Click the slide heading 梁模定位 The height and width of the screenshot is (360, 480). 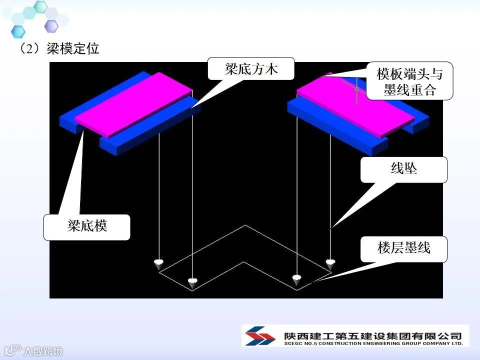(x=73, y=49)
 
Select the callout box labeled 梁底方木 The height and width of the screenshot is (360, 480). (x=251, y=69)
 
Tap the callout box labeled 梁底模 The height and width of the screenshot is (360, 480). (x=87, y=226)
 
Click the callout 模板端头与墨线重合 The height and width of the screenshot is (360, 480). (x=409, y=81)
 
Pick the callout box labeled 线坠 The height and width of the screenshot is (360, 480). (x=403, y=169)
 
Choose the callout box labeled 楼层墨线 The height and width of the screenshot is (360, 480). (x=403, y=248)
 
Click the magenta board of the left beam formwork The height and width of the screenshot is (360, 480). (x=134, y=104)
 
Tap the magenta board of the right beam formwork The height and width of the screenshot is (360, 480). (x=355, y=106)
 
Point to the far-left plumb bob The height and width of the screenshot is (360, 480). (x=158, y=263)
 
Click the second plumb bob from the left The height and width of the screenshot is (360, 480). (x=192, y=282)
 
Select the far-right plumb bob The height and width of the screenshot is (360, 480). (x=330, y=263)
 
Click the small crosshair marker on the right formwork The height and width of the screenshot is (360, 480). (x=356, y=88)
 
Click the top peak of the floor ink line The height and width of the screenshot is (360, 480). (x=245, y=225)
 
